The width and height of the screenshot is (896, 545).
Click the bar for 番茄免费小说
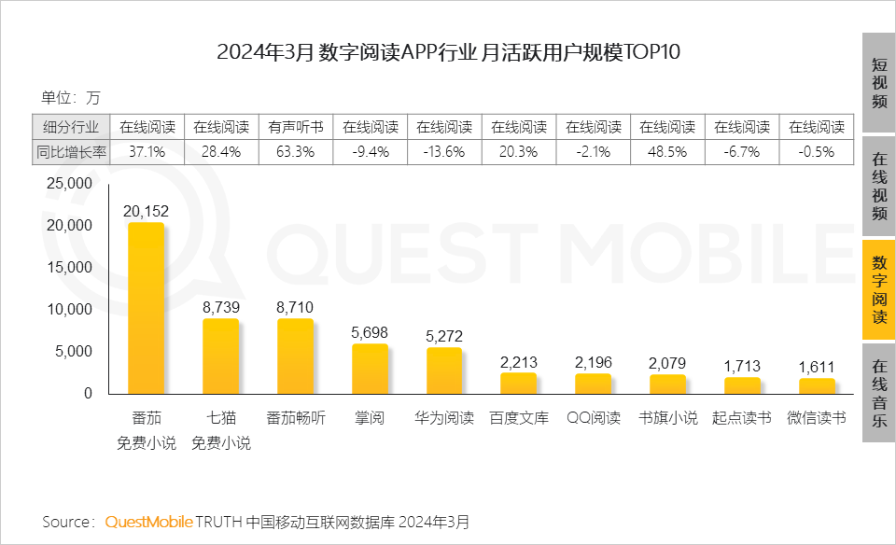[x=147, y=308]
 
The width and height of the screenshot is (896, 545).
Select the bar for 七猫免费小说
[x=221, y=356]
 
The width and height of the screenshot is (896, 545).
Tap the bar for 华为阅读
[x=444, y=370]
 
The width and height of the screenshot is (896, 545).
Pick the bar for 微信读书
[x=817, y=385]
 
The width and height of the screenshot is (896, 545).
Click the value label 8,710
[x=296, y=306]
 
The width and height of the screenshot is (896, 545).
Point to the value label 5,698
[x=371, y=332]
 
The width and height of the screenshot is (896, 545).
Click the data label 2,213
[x=519, y=362]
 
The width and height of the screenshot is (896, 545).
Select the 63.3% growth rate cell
[x=296, y=151]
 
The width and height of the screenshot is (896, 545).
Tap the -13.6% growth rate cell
[x=444, y=151]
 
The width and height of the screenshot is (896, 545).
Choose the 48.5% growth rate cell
[x=667, y=151]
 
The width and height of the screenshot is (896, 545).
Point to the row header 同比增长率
[x=71, y=151]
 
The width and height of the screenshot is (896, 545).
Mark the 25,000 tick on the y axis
[x=69, y=185]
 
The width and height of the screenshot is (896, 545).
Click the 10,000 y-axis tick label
[x=69, y=310]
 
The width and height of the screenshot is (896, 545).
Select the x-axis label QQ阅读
[x=594, y=418]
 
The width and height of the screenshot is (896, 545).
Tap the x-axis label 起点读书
[x=742, y=418]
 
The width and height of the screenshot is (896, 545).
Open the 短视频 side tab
[x=878, y=83]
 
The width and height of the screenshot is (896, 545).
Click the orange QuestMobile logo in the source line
[x=148, y=521]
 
